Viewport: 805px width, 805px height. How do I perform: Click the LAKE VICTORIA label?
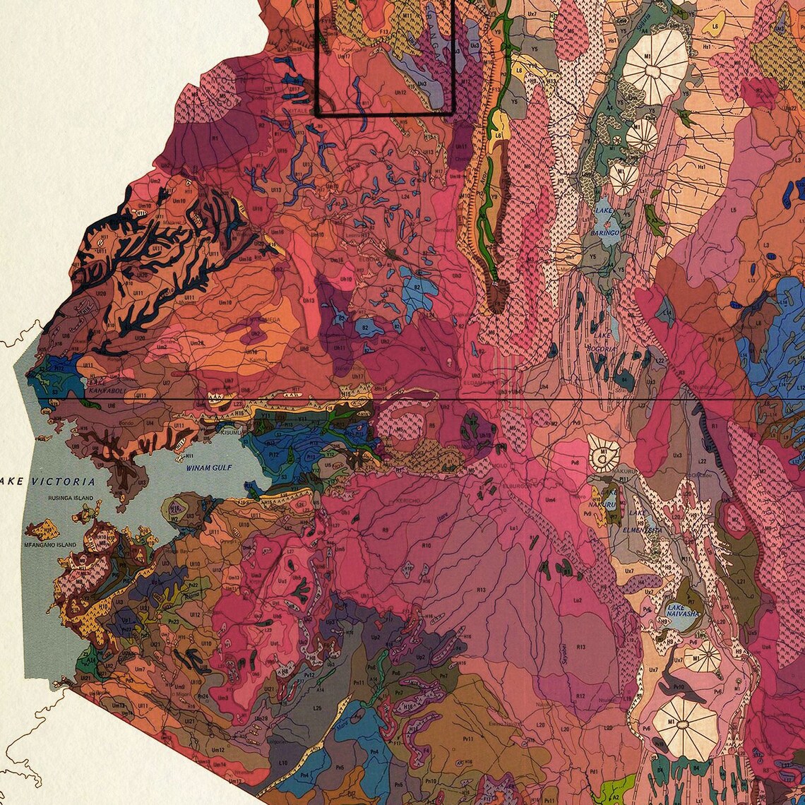pyautogui.click(x=48, y=482)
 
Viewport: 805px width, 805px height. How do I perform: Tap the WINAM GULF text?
pyautogui.click(x=209, y=467)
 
